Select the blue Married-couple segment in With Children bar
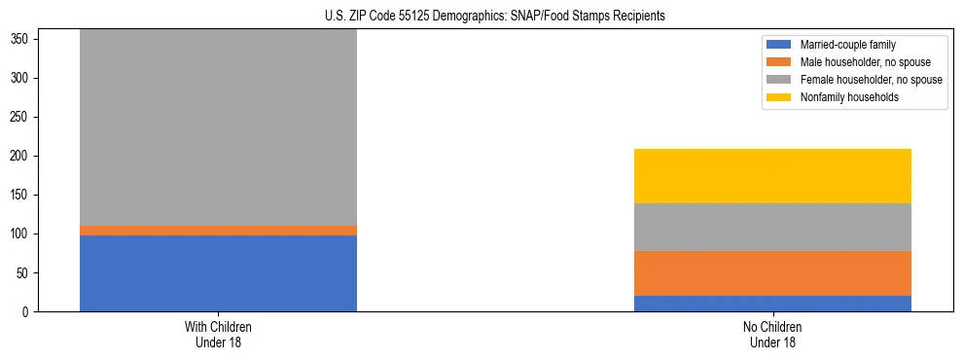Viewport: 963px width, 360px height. pyautogui.click(x=218, y=273)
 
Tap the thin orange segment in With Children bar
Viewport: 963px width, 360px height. pyautogui.click(x=218, y=231)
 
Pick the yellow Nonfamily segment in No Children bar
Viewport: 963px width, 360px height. pyautogui.click(x=772, y=176)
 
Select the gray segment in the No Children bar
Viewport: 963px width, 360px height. pyautogui.click(x=772, y=228)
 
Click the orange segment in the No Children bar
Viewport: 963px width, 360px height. pyautogui.click(x=772, y=273)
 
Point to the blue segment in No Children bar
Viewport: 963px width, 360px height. pyautogui.click(x=772, y=304)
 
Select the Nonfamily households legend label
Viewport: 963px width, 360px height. pyautogui.click(x=842, y=97)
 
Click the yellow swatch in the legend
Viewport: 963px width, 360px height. pyautogui.click(x=779, y=97)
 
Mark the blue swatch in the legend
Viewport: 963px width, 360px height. pyautogui.click(x=779, y=45)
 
